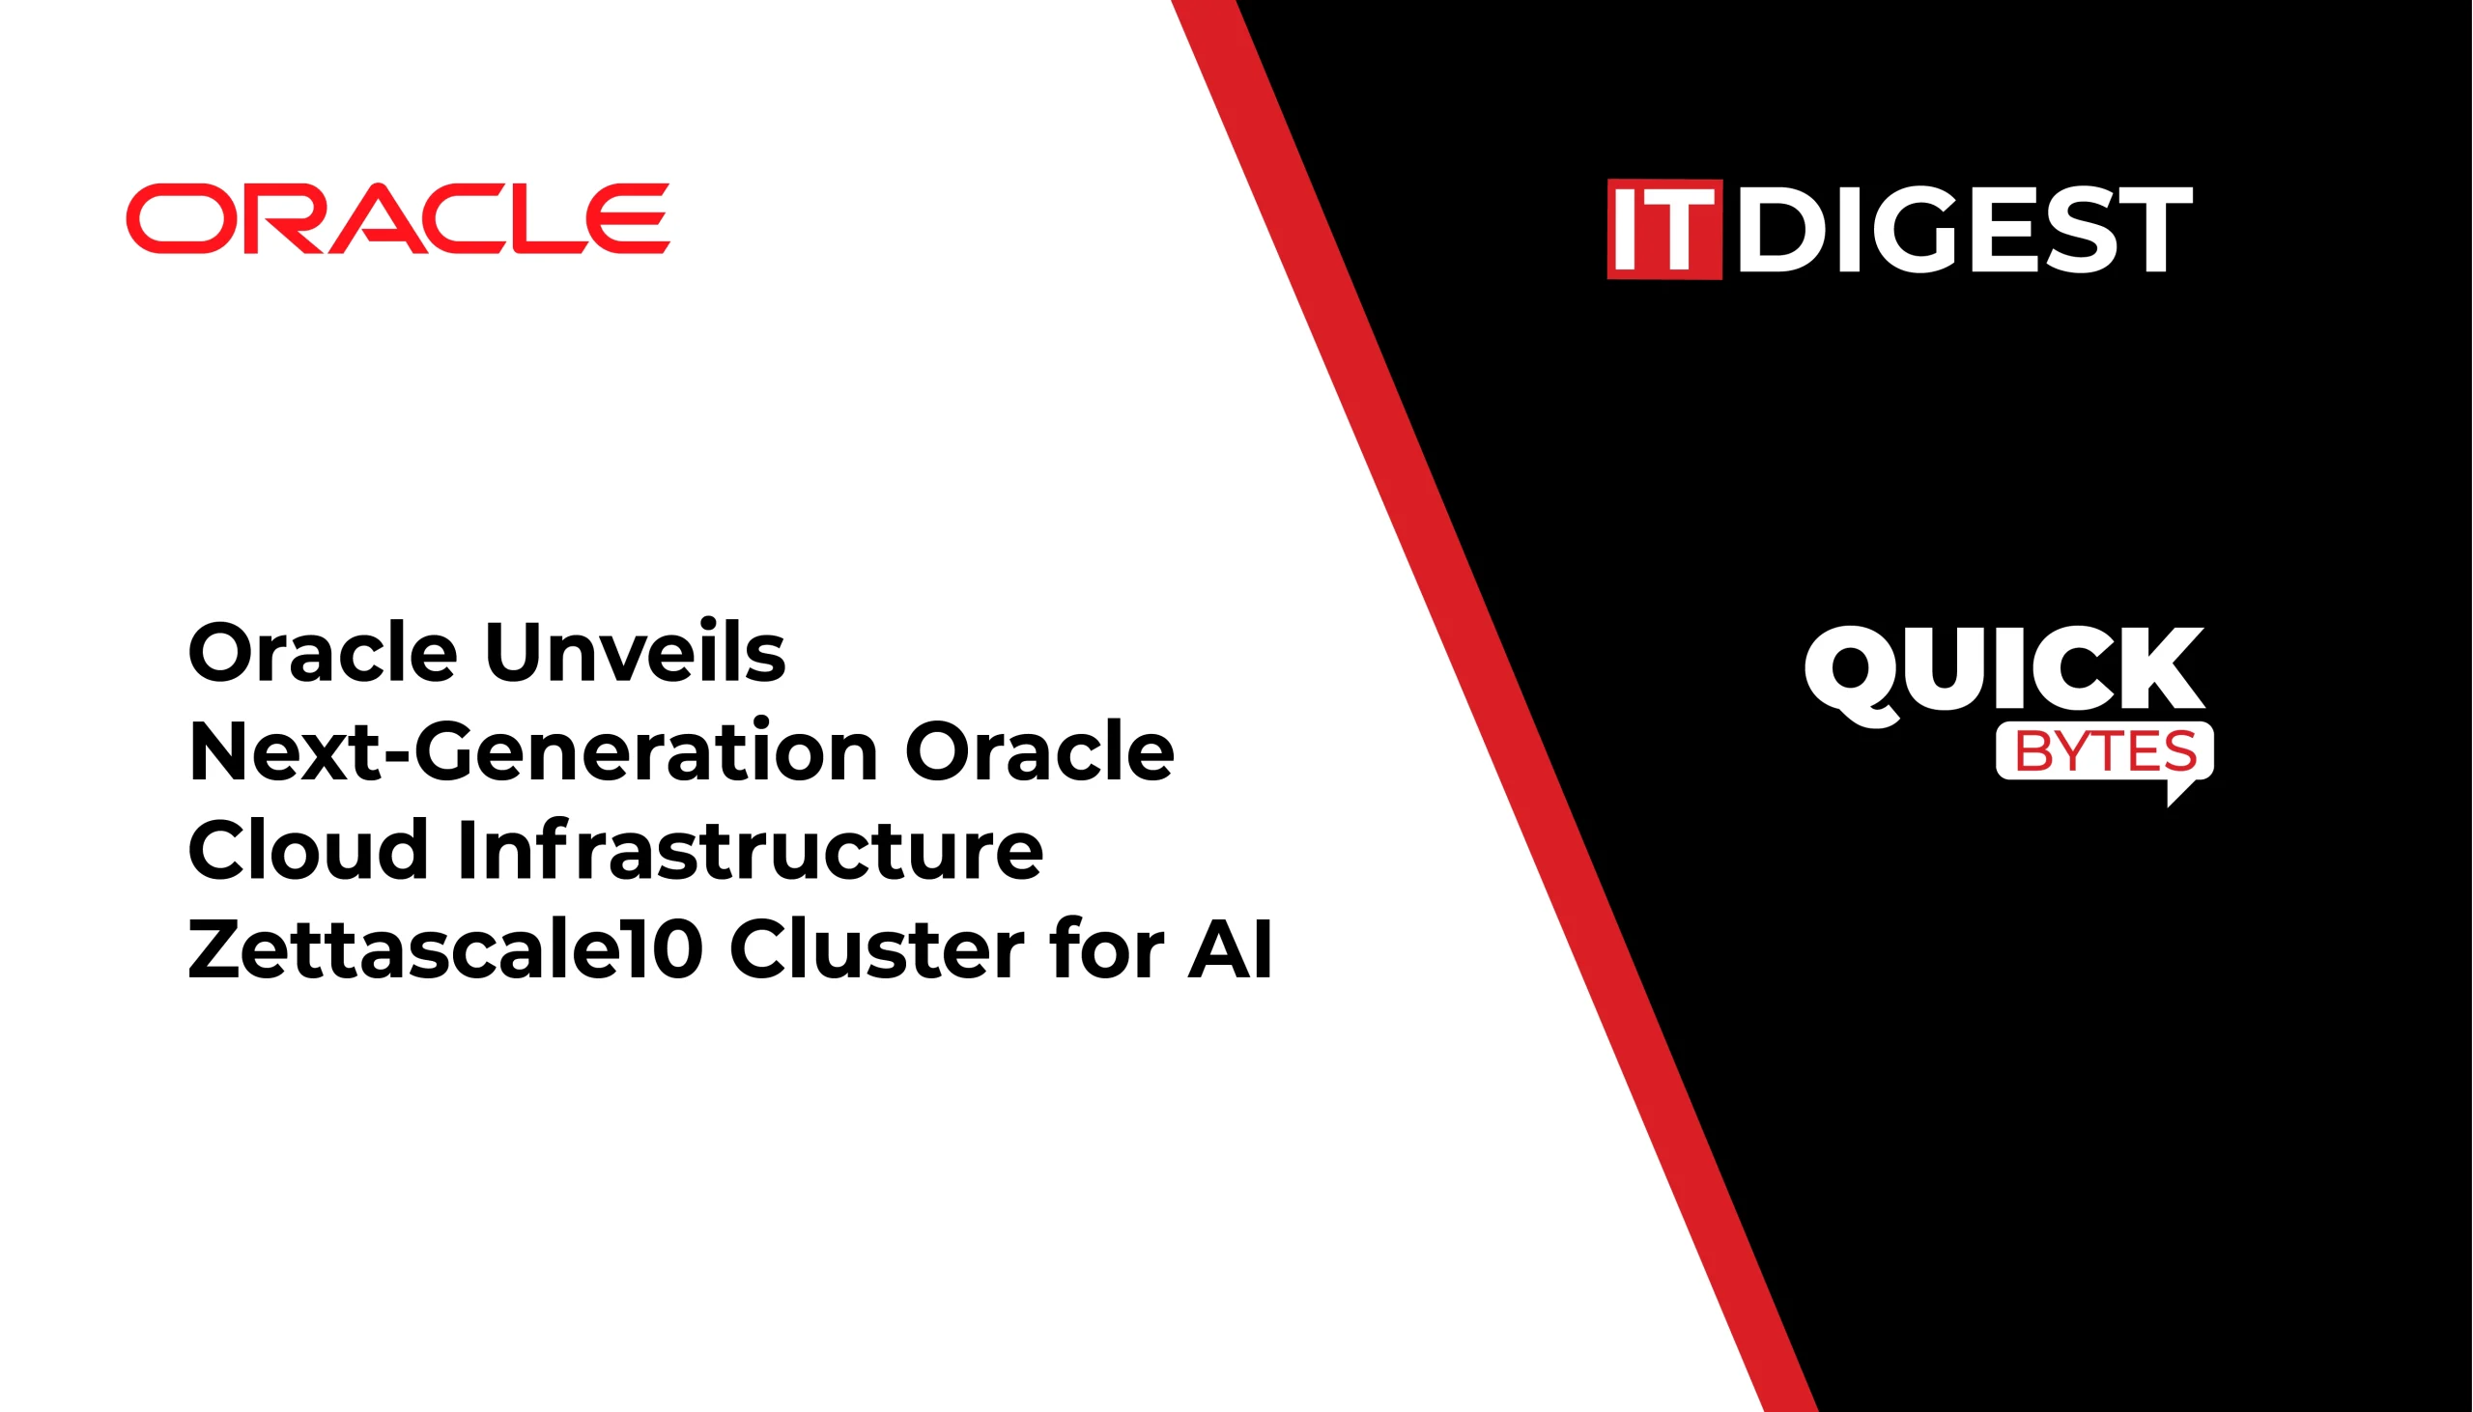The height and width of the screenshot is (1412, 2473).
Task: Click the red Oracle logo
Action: point(398,218)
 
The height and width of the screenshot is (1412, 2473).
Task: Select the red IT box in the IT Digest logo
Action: point(1664,229)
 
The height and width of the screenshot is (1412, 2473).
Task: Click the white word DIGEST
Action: point(1965,229)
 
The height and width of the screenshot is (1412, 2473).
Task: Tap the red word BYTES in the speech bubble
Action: point(2106,750)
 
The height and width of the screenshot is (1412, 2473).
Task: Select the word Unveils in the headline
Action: point(636,651)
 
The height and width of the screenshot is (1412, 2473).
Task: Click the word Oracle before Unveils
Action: point(322,651)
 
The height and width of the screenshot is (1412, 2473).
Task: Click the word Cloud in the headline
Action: point(308,849)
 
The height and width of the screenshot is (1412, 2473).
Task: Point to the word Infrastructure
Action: point(750,849)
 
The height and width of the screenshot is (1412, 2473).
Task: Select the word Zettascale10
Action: point(445,947)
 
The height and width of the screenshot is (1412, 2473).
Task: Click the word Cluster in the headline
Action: point(877,947)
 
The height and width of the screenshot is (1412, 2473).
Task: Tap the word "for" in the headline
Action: point(1106,947)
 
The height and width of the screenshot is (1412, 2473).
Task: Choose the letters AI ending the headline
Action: point(1230,947)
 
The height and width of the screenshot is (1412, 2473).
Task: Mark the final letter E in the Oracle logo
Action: point(631,218)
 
